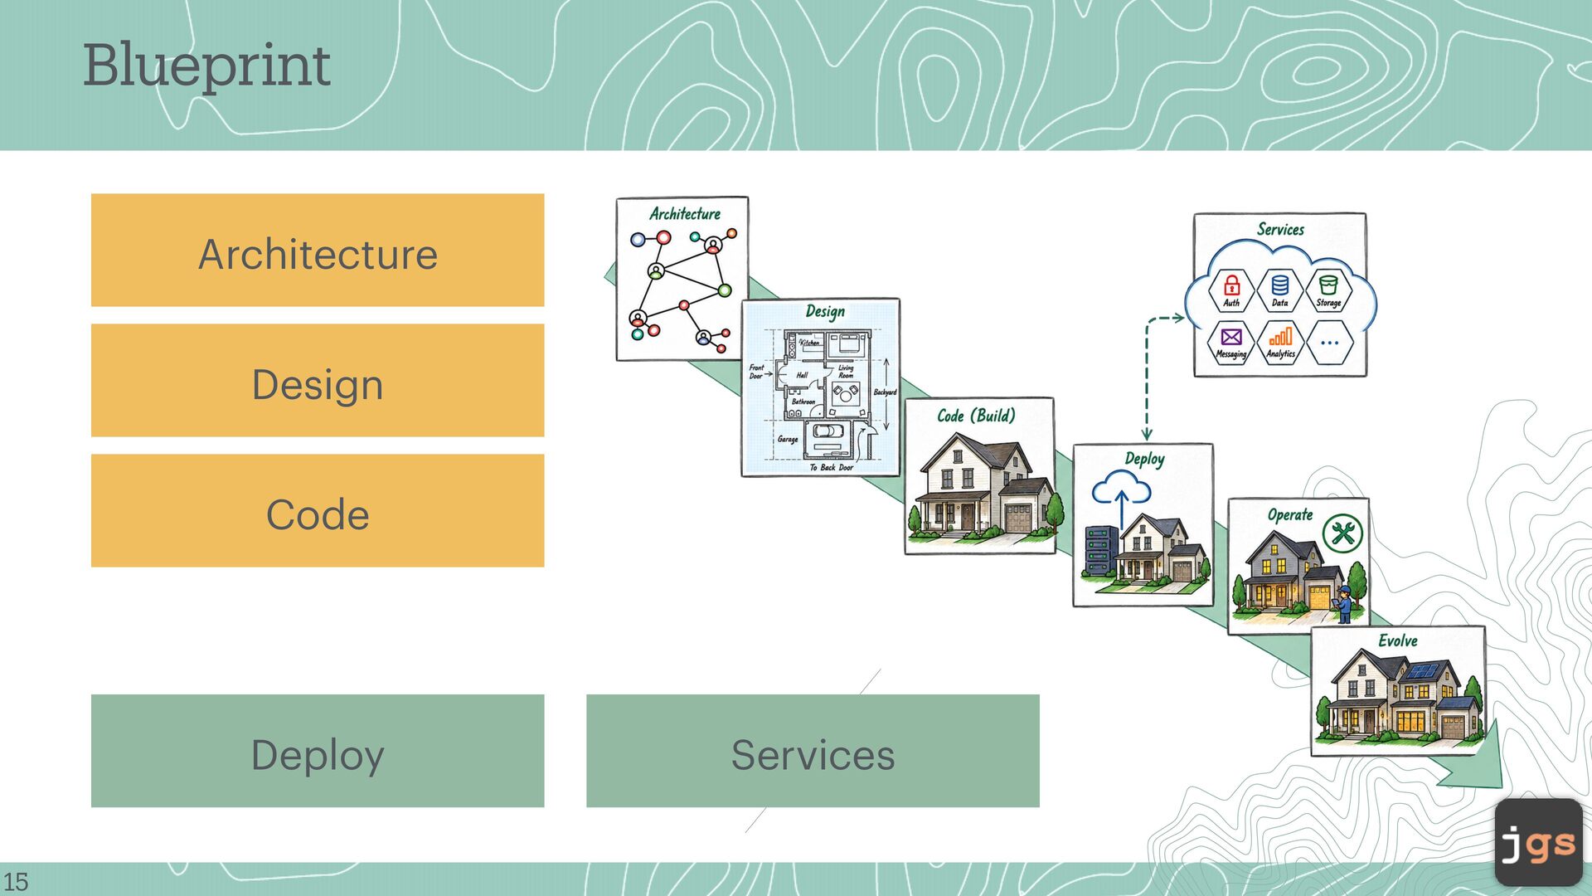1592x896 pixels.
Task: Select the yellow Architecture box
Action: click(318, 250)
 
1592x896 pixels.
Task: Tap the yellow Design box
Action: click(318, 380)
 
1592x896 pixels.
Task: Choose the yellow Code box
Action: click(318, 510)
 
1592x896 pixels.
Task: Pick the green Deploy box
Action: click(318, 751)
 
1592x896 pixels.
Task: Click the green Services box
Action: click(813, 751)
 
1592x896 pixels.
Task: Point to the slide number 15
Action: click(16, 881)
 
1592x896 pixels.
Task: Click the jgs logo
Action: click(1539, 843)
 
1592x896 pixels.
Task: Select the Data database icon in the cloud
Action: click(1280, 285)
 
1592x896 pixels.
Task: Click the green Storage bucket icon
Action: click(1328, 285)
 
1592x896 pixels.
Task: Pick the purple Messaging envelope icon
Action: click(1231, 337)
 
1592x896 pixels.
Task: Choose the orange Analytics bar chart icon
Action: click(1281, 336)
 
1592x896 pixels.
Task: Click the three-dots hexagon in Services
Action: click(1329, 342)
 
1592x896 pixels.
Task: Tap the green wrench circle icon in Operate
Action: click(1343, 533)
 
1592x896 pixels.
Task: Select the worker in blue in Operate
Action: click(1343, 604)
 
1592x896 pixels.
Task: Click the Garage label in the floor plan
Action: click(788, 440)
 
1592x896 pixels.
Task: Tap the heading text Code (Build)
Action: click(977, 416)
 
